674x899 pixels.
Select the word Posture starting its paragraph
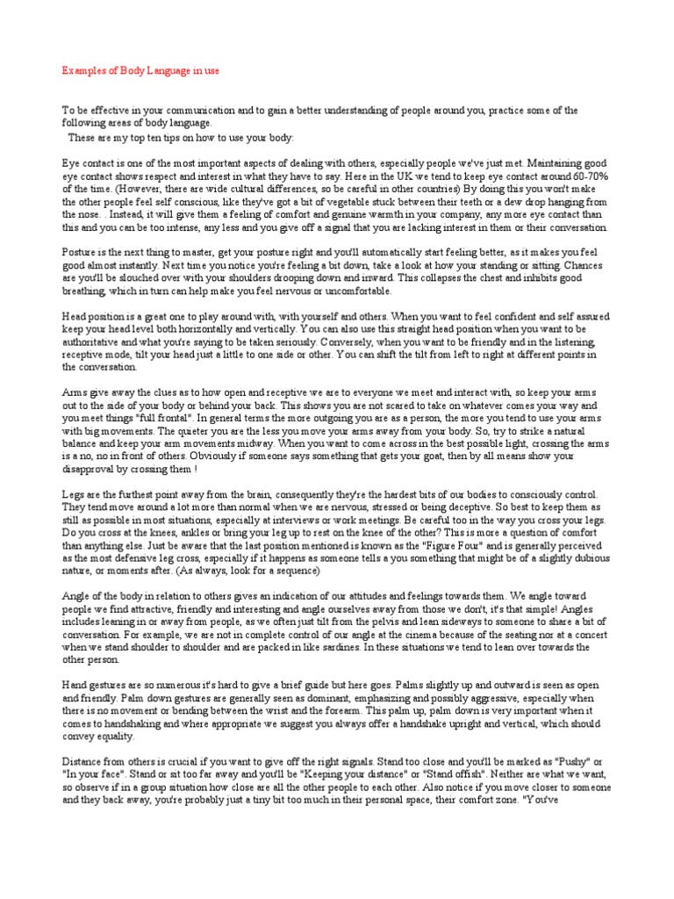tap(79, 251)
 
